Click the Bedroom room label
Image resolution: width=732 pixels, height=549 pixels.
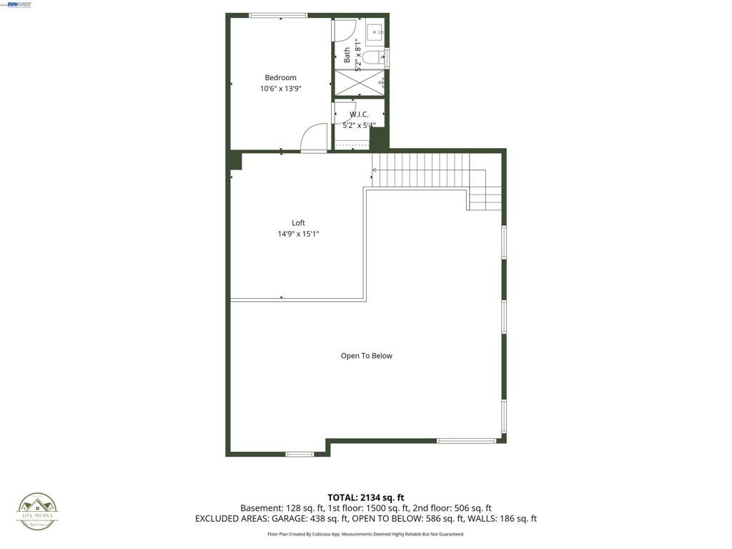coord(280,78)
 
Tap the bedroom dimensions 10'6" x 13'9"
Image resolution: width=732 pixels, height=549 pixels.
coord(280,89)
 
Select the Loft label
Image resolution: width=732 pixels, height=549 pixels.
coord(298,223)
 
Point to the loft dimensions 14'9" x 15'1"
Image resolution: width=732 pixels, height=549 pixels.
coord(298,234)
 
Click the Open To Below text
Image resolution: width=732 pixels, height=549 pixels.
coord(366,356)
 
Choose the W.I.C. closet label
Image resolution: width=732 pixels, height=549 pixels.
coord(359,114)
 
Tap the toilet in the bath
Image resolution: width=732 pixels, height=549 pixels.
coord(374,57)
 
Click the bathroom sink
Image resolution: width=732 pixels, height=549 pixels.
coord(375,32)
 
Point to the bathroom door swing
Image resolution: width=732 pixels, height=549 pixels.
coord(344,30)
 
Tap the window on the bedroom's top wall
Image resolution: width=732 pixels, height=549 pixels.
coord(278,15)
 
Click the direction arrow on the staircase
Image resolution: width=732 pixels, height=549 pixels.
coord(375,170)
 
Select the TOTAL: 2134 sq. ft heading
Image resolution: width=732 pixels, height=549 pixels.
coord(366,498)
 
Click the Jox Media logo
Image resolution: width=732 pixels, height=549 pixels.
coord(38,510)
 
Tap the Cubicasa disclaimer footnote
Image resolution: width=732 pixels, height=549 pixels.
coord(366,534)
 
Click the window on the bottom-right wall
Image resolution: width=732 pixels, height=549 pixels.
coord(466,441)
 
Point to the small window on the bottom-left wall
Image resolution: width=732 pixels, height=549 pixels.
coord(300,454)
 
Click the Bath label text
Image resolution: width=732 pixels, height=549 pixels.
coord(347,55)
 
